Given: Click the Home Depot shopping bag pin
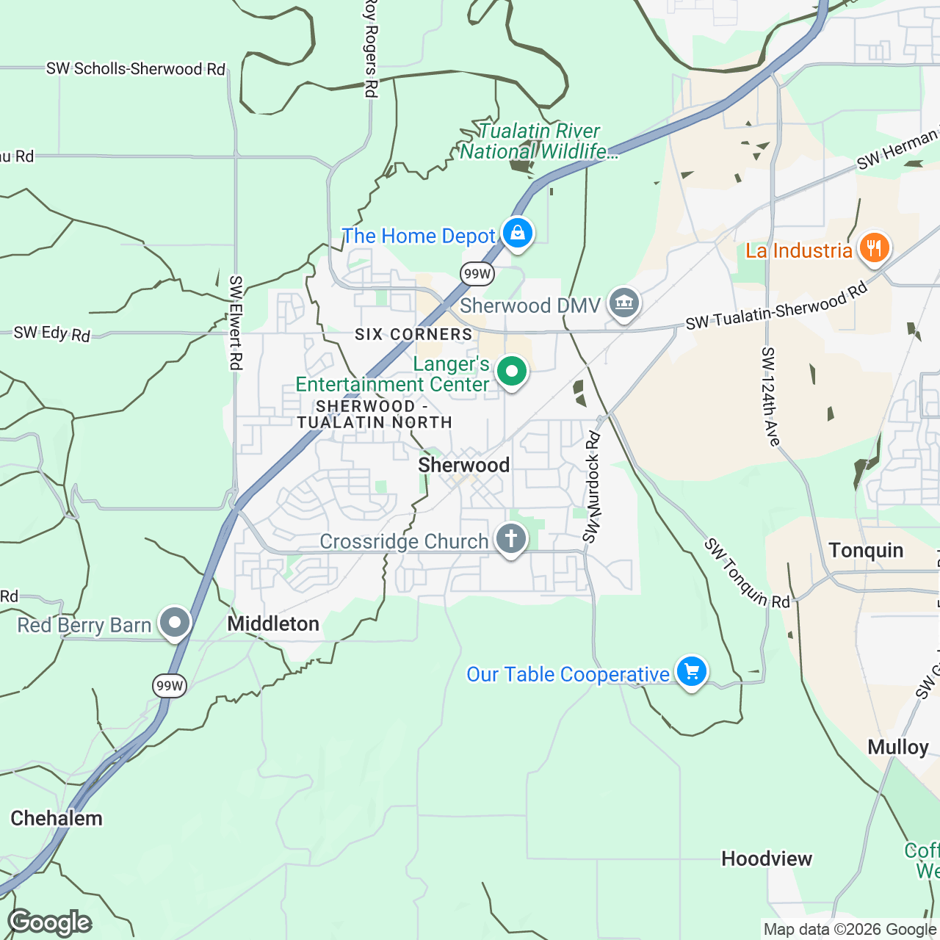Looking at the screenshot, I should [x=518, y=234].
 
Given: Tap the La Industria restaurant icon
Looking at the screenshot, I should [x=873, y=248].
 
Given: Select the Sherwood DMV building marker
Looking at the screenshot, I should [x=623, y=302].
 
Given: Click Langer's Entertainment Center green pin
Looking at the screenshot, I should [x=512, y=372].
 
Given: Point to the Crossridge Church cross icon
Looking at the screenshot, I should [x=511, y=539].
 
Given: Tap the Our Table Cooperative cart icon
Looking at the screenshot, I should [x=691, y=671].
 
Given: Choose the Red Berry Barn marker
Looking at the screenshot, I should [x=175, y=623].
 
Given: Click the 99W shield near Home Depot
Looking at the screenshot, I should [x=477, y=275].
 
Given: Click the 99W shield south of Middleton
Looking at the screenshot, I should [x=170, y=686].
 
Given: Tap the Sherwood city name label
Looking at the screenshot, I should [x=463, y=465].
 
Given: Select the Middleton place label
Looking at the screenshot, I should [x=273, y=623].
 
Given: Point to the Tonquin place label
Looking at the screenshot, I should [x=866, y=550].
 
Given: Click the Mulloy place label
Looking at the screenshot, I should [x=898, y=747].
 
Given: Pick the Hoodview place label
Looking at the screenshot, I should [x=767, y=858].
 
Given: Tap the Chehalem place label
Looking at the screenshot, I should [x=57, y=818].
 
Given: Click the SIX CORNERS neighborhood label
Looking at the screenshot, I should [x=413, y=334].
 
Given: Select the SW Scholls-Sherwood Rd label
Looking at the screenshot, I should [x=135, y=69].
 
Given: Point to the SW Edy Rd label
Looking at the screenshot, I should [x=52, y=333].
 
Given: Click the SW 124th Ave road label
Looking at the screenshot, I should [x=770, y=397].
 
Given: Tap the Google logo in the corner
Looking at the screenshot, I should [x=50, y=922].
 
